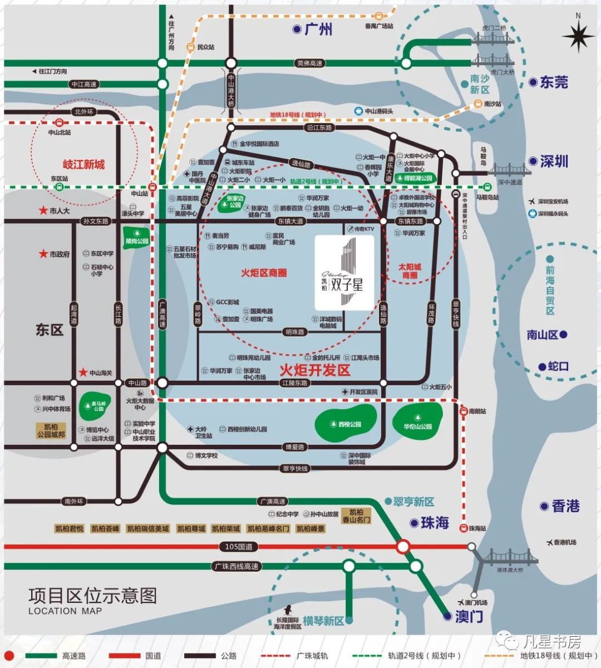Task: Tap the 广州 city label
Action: click(x=318, y=29)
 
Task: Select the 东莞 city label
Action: click(x=554, y=82)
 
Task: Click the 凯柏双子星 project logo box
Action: click(x=344, y=272)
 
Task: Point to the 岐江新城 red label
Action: click(x=83, y=165)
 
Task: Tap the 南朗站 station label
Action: click(x=477, y=412)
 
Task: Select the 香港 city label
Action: click(x=565, y=506)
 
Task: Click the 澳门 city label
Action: click(x=469, y=616)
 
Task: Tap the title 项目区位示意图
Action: click(x=92, y=596)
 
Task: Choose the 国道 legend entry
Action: click(x=153, y=656)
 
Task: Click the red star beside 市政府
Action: click(x=43, y=254)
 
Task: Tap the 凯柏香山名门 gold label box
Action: click(x=356, y=515)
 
